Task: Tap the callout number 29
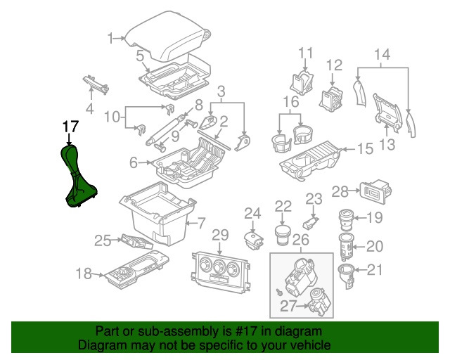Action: tap(220, 234)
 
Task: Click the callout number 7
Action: tap(200, 224)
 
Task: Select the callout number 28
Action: tap(340, 191)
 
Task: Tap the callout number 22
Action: tap(283, 205)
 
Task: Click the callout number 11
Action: tap(305, 53)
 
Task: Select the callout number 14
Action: tap(382, 54)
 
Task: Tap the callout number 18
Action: tap(83, 274)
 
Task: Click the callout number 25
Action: tap(103, 241)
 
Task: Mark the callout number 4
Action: tap(89, 108)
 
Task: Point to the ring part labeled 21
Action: tap(347, 273)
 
